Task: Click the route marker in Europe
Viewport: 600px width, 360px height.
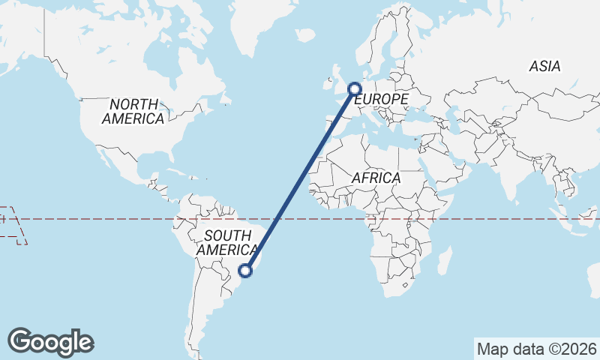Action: tap(355, 90)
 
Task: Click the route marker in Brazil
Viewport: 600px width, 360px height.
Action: tap(245, 271)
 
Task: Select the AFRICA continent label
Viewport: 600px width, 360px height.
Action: tap(376, 178)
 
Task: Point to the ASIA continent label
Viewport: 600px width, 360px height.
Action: tap(544, 66)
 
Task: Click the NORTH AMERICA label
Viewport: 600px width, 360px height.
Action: tap(133, 111)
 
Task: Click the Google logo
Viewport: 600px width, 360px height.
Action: tap(50, 342)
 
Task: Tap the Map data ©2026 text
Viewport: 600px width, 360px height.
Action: tap(537, 349)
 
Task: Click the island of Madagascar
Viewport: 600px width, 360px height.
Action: tap(444, 262)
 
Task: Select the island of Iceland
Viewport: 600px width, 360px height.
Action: tap(305, 34)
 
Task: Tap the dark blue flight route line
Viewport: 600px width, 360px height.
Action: tap(300, 180)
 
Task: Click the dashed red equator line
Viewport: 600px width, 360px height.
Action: tap(112, 219)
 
